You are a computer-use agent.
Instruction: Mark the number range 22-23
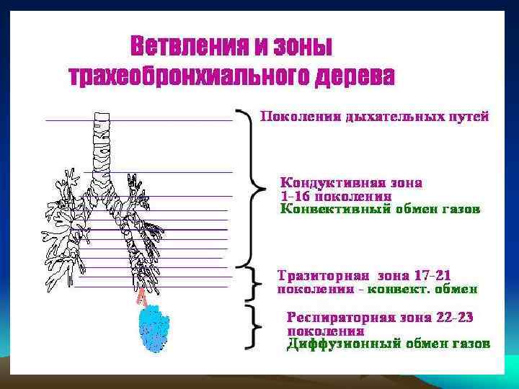coord(450,318)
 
